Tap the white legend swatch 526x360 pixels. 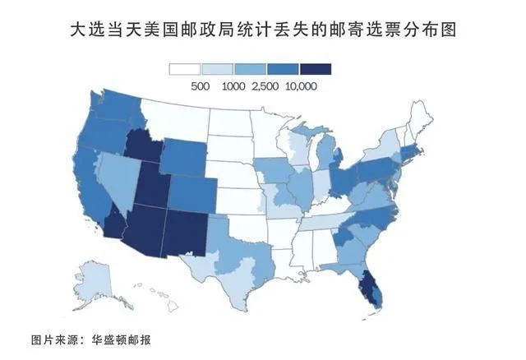click(x=184, y=69)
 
